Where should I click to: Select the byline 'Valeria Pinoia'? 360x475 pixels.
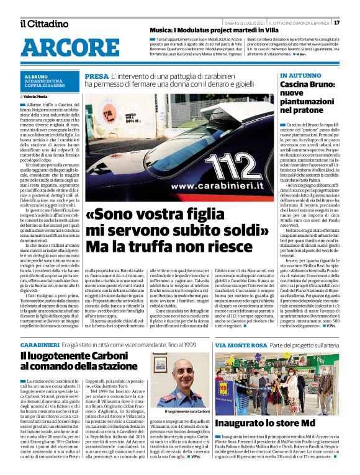pyautogui.click(x=38, y=97)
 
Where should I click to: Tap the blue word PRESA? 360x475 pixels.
pyautogui.click(x=96, y=76)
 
